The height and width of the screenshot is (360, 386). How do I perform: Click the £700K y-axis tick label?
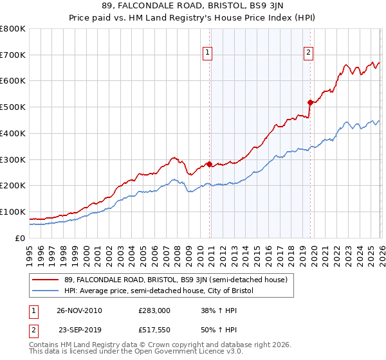pyautogui.click(x=13, y=55)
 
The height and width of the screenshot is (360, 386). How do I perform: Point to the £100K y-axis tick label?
pyautogui.click(x=13, y=212)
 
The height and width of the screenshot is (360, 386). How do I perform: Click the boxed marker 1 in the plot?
pyautogui.click(x=208, y=53)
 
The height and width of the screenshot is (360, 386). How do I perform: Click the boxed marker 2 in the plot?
pyautogui.click(x=309, y=53)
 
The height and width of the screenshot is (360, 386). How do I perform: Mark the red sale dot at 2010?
pyautogui.click(x=210, y=163)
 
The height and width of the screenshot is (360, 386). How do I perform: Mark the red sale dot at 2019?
pyautogui.click(x=310, y=102)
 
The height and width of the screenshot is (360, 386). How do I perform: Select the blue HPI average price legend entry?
pyautogui.click(x=159, y=291)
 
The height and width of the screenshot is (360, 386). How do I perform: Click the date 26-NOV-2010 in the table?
pyautogui.click(x=80, y=310)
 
